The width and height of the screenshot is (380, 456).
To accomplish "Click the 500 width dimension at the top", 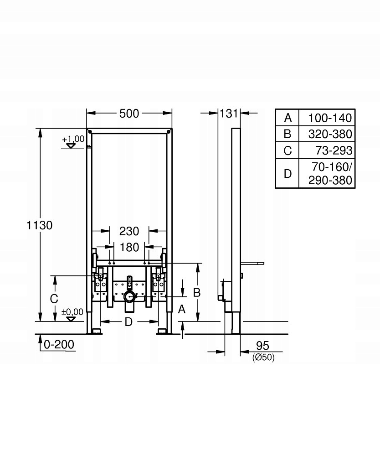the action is coord(129,114).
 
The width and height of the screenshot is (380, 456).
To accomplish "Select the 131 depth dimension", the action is coord(229,114).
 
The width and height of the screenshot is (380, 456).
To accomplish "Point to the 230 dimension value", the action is coord(129,232).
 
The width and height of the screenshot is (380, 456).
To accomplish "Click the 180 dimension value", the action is coord(129,248).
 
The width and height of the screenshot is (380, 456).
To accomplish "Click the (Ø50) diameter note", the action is coord(263,358).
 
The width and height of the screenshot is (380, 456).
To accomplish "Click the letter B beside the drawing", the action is coord(197,293).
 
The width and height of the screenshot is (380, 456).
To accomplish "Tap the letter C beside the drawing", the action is coord(54,299).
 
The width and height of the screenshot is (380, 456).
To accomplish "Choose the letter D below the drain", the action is coord(128,322).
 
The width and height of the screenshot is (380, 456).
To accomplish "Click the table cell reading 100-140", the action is coord(330,118).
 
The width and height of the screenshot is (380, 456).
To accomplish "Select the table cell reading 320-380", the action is coord(330,134).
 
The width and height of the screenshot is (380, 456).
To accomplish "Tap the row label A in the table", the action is coord(288,118).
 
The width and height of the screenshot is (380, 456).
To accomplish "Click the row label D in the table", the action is coord(288,173).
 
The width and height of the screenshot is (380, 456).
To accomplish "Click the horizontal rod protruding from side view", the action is coord(252,263).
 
